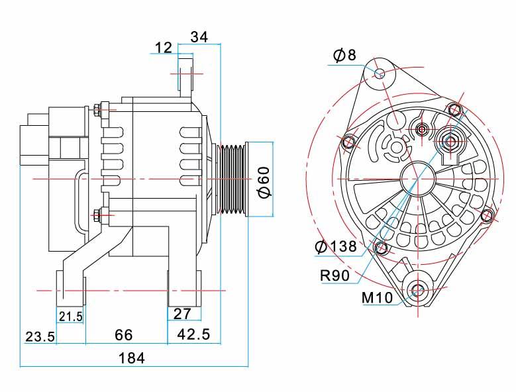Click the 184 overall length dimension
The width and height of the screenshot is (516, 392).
tap(132, 358)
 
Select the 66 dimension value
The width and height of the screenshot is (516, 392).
tap(124, 335)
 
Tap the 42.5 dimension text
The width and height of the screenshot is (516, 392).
tap(193, 334)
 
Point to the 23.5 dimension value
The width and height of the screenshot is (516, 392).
tap(40, 337)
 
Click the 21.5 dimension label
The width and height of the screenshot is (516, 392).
tap(71, 317)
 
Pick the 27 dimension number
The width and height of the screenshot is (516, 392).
tap(182, 314)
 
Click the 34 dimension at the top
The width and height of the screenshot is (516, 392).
tap(199, 37)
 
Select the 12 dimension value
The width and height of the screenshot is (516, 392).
tap(164, 48)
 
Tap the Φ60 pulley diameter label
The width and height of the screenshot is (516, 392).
tap(264, 183)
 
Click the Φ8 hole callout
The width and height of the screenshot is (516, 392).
tap(344, 55)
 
